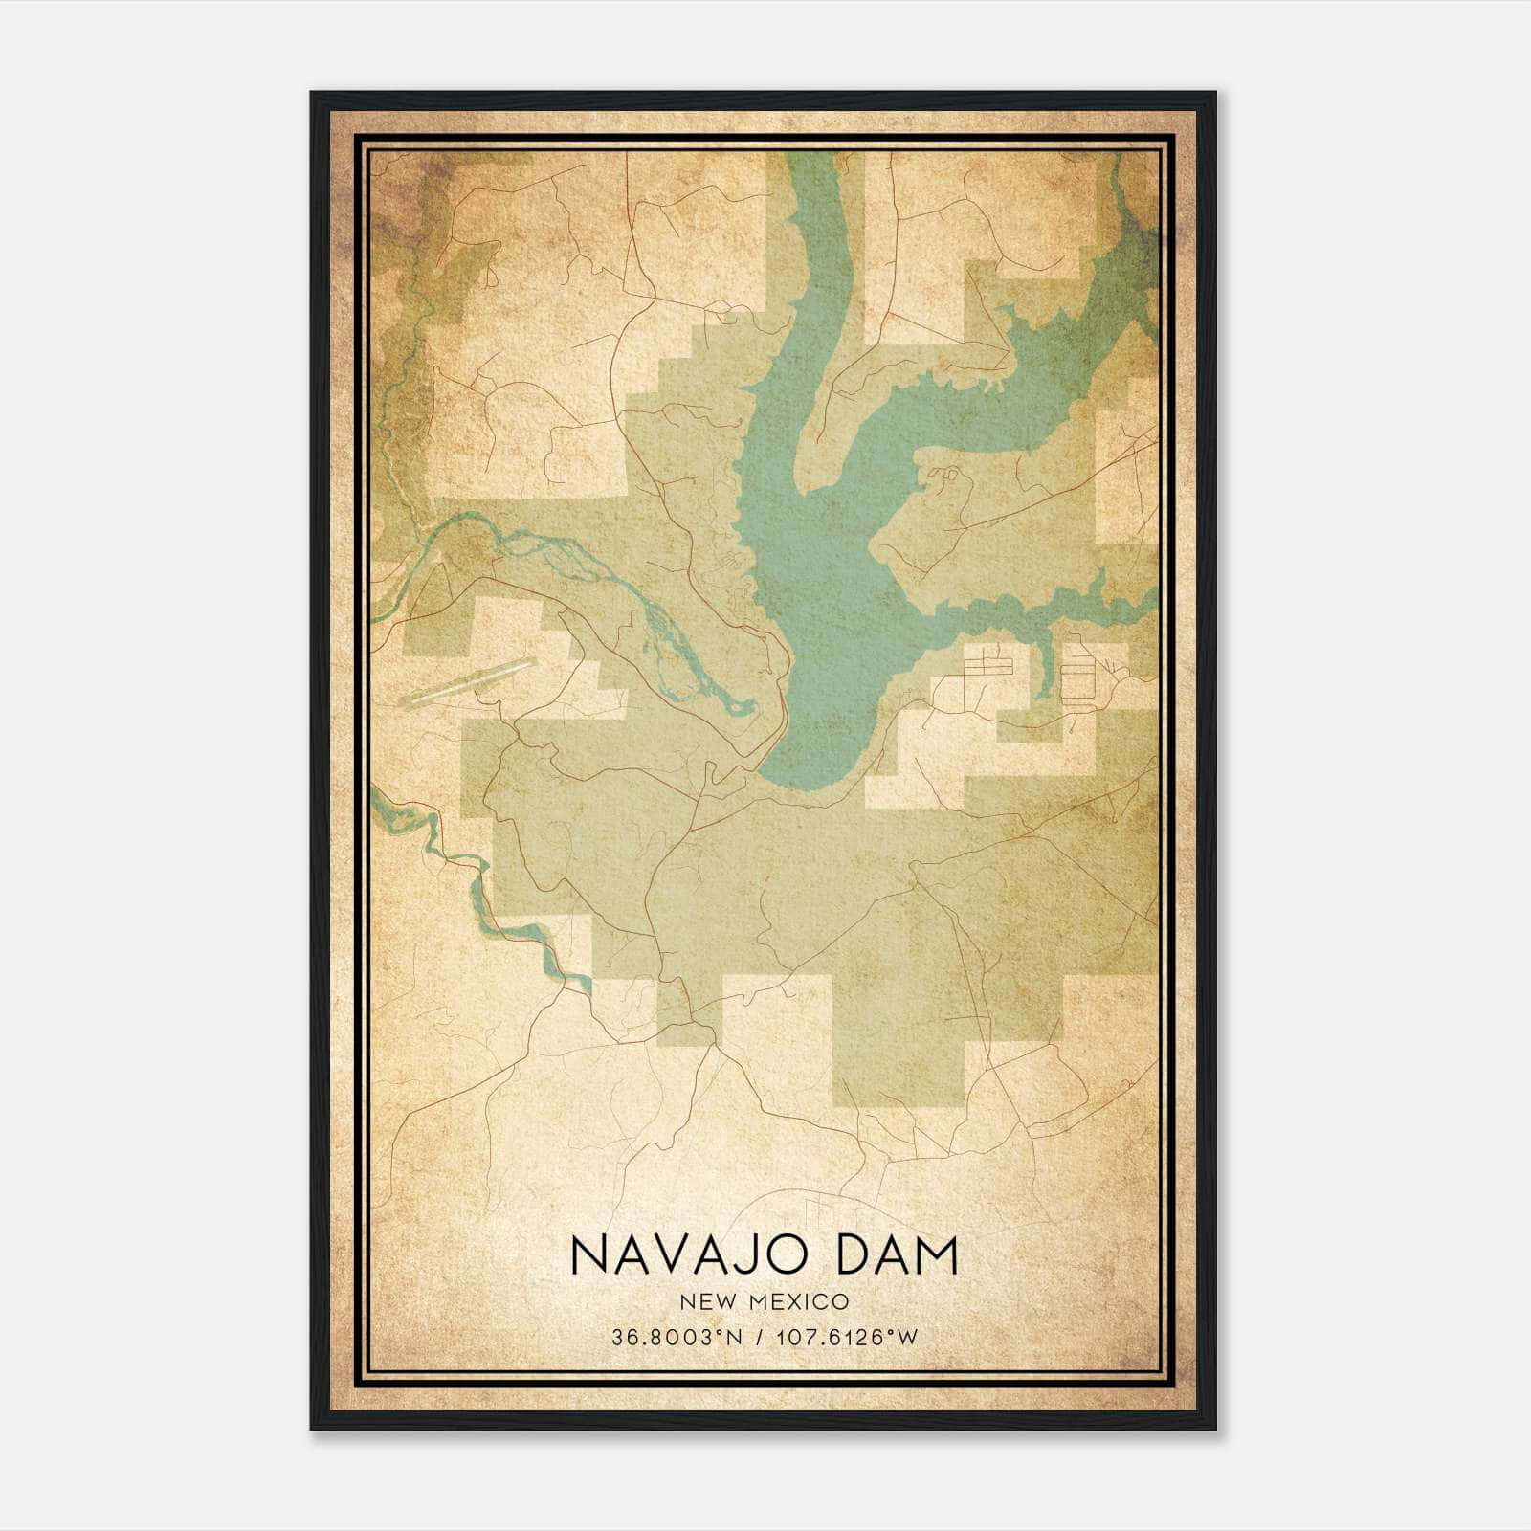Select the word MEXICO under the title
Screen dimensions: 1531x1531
[800, 1302]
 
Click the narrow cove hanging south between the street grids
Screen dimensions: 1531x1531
[1047, 670]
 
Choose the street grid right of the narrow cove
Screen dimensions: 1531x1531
[1080, 675]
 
